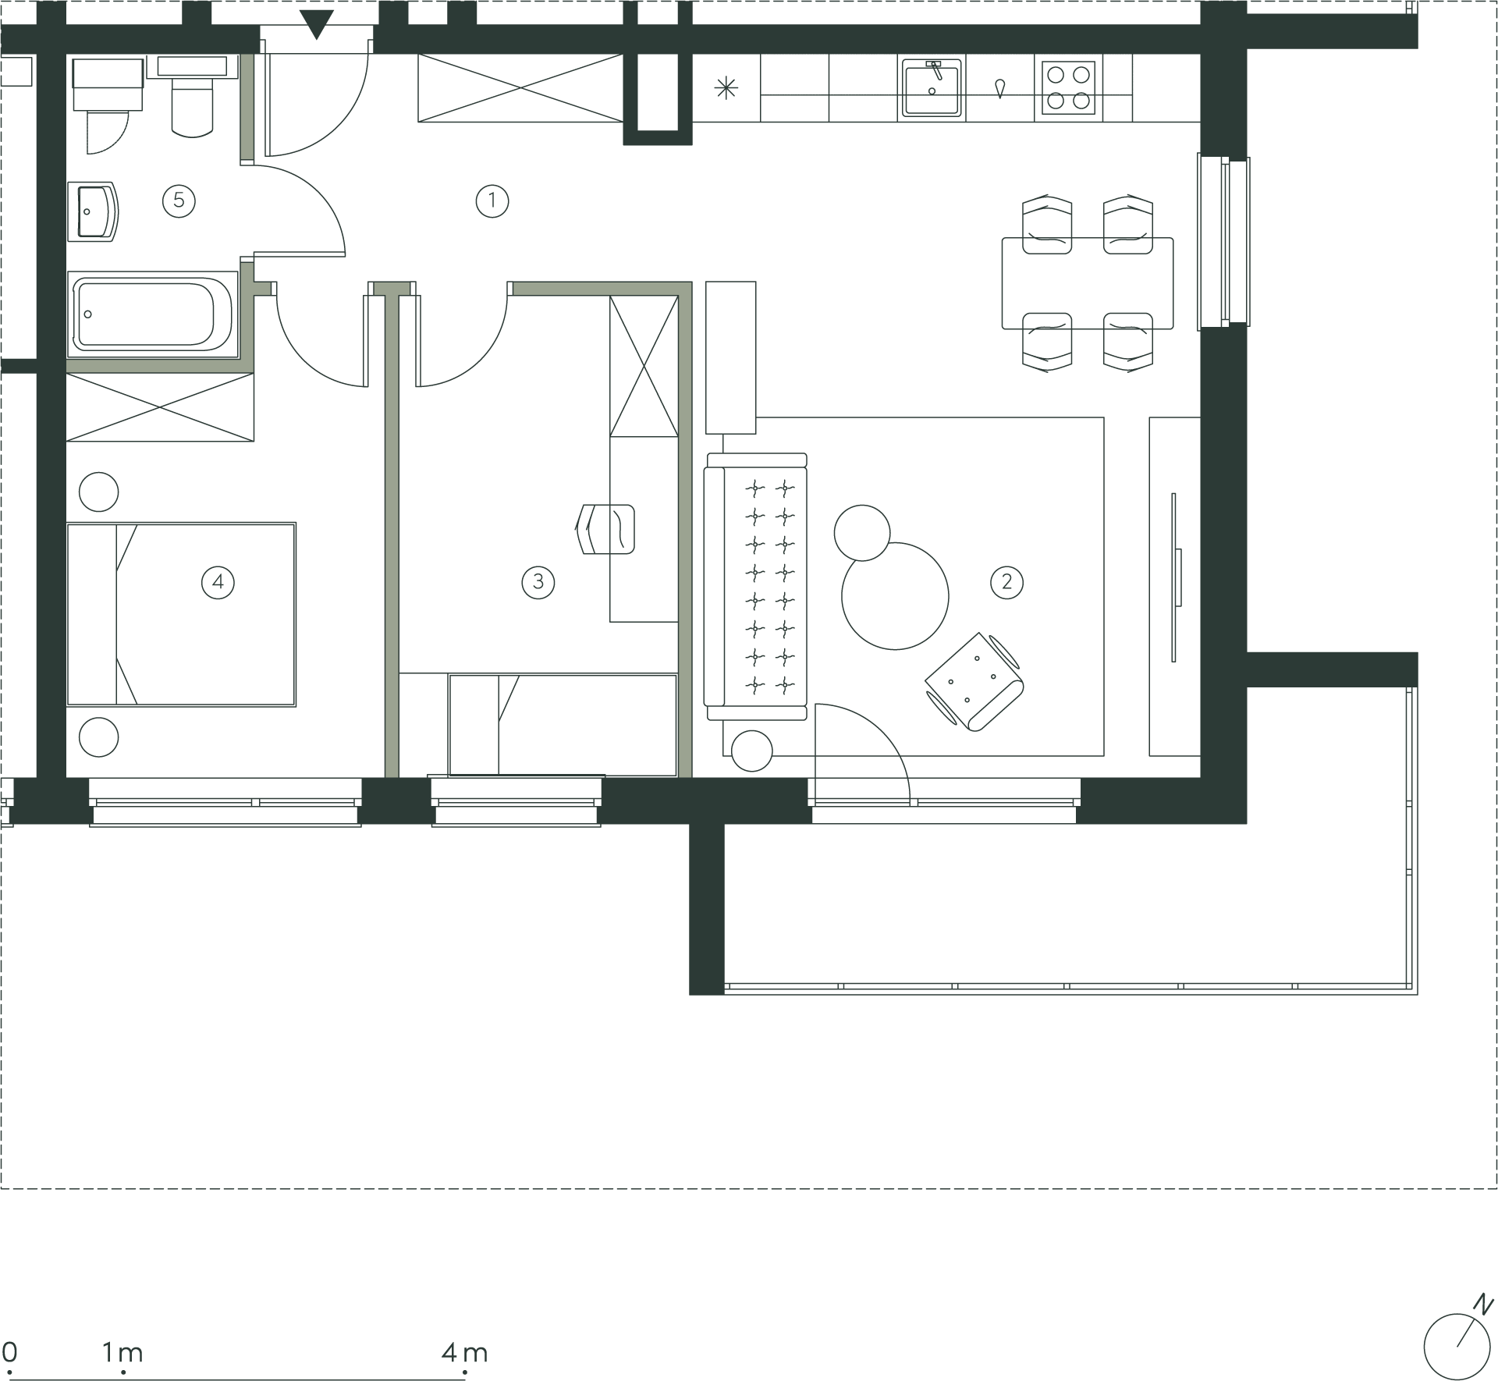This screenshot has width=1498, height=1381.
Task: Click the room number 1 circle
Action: [492, 201]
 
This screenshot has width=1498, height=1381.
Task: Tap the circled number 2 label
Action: [1006, 582]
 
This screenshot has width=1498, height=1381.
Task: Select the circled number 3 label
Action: [538, 582]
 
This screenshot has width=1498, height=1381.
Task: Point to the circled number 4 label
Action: [218, 582]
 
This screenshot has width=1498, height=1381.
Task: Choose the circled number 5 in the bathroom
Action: [179, 201]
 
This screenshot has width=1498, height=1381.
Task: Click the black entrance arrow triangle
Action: [316, 24]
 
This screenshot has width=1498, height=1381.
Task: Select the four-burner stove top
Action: [1068, 87]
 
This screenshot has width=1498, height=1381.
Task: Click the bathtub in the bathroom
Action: [152, 314]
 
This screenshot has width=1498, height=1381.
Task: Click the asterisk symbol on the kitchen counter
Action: [726, 88]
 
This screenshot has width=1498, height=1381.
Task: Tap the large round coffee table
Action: [895, 596]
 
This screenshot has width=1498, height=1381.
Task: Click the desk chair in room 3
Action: [605, 529]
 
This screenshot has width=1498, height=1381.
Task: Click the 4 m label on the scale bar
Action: [464, 1352]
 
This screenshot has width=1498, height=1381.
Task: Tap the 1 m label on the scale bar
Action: [122, 1352]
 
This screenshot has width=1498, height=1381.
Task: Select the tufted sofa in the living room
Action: [755, 587]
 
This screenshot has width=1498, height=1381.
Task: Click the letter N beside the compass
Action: [1483, 1305]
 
